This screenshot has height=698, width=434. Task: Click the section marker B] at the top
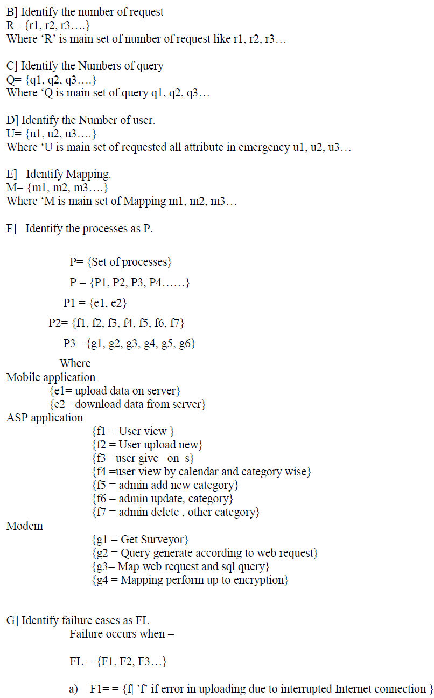click(11, 11)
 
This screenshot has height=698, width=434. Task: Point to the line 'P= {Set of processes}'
click(121, 262)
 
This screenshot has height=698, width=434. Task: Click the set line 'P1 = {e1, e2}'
click(95, 303)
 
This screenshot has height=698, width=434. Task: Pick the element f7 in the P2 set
click(176, 323)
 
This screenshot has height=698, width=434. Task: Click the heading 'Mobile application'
click(51, 377)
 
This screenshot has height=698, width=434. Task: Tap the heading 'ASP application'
click(45, 418)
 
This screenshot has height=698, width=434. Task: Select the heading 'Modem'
click(25, 526)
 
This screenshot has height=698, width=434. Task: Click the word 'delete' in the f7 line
click(164, 512)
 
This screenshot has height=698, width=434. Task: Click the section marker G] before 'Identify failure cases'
click(12, 620)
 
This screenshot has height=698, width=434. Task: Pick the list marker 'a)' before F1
click(74, 689)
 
